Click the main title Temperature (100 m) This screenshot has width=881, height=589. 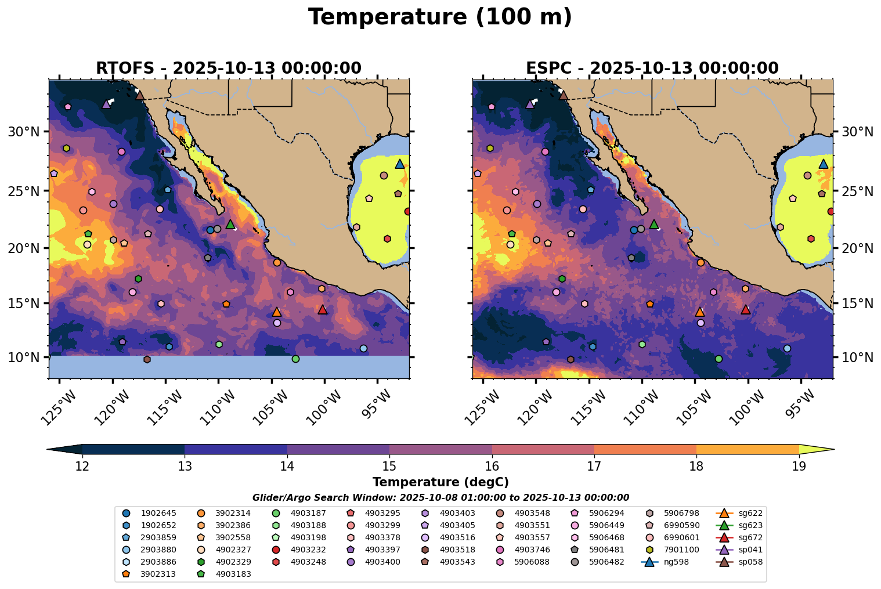coord(440,17)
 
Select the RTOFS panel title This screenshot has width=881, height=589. coord(228,68)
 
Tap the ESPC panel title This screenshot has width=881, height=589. coord(652,68)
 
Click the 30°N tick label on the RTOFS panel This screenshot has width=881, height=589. coord(23,132)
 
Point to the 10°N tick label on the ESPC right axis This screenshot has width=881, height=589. coord(857,357)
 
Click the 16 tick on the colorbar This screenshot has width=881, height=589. coord(492,466)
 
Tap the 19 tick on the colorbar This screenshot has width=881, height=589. coord(799,466)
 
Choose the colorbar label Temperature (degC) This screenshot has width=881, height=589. coord(440,482)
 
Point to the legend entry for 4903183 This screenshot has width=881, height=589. coord(229,574)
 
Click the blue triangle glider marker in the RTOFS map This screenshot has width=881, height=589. coord(400,164)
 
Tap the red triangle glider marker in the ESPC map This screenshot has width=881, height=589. coord(746,309)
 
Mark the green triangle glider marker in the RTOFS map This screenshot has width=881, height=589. coord(230,224)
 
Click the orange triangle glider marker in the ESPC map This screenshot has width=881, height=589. coord(700,312)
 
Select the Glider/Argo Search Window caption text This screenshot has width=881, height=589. coord(440,497)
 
